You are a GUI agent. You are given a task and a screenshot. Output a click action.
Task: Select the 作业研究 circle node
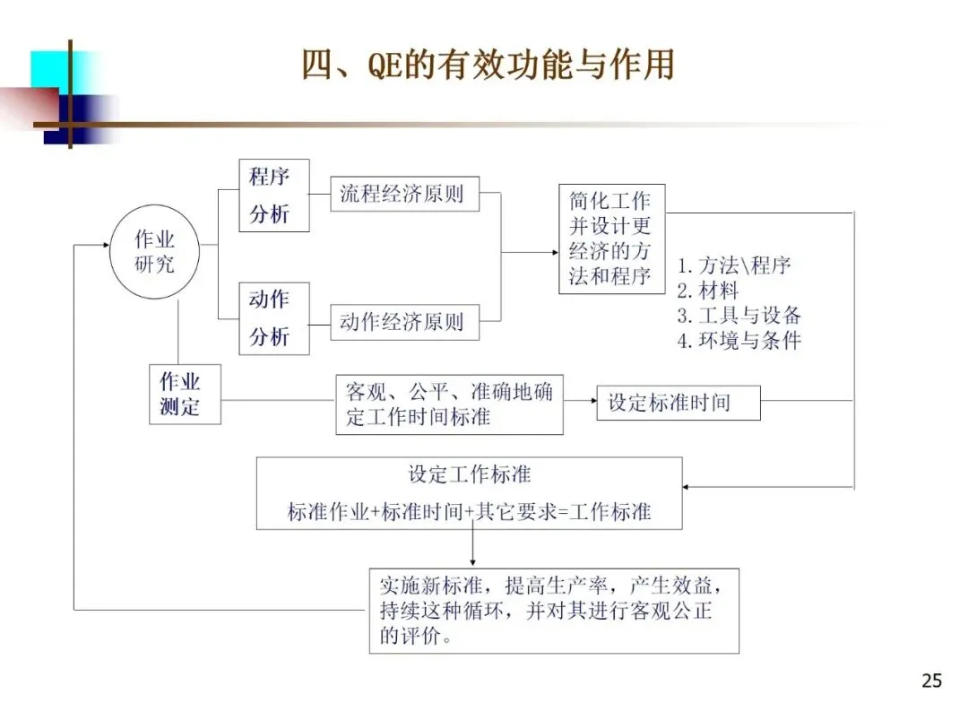click(154, 252)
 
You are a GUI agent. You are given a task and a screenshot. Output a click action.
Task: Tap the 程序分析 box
click(273, 195)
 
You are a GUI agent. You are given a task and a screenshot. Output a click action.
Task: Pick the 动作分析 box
click(273, 317)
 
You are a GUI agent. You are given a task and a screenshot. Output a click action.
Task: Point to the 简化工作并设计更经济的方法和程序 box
click(611, 238)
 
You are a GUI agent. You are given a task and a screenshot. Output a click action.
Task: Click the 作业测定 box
click(184, 394)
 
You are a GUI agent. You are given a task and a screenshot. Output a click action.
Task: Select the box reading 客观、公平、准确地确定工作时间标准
click(449, 404)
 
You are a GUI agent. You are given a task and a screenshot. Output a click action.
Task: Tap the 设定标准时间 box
click(678, 403)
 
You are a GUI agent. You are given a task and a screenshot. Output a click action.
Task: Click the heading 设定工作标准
click(469, 474)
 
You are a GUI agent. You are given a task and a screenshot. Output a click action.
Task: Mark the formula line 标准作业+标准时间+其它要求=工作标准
click(469, 512)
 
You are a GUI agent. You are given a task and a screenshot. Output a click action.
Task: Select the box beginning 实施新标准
click(553, 611)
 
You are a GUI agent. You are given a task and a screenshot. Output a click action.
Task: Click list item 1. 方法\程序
click(734, 265)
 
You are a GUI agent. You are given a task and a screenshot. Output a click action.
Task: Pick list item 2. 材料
click(708, 291)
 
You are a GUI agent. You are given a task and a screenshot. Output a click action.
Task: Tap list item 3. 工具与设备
click(739, 316)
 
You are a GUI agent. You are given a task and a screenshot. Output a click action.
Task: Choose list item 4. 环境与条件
click(739, 341)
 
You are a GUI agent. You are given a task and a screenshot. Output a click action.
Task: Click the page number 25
click(931, 681)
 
